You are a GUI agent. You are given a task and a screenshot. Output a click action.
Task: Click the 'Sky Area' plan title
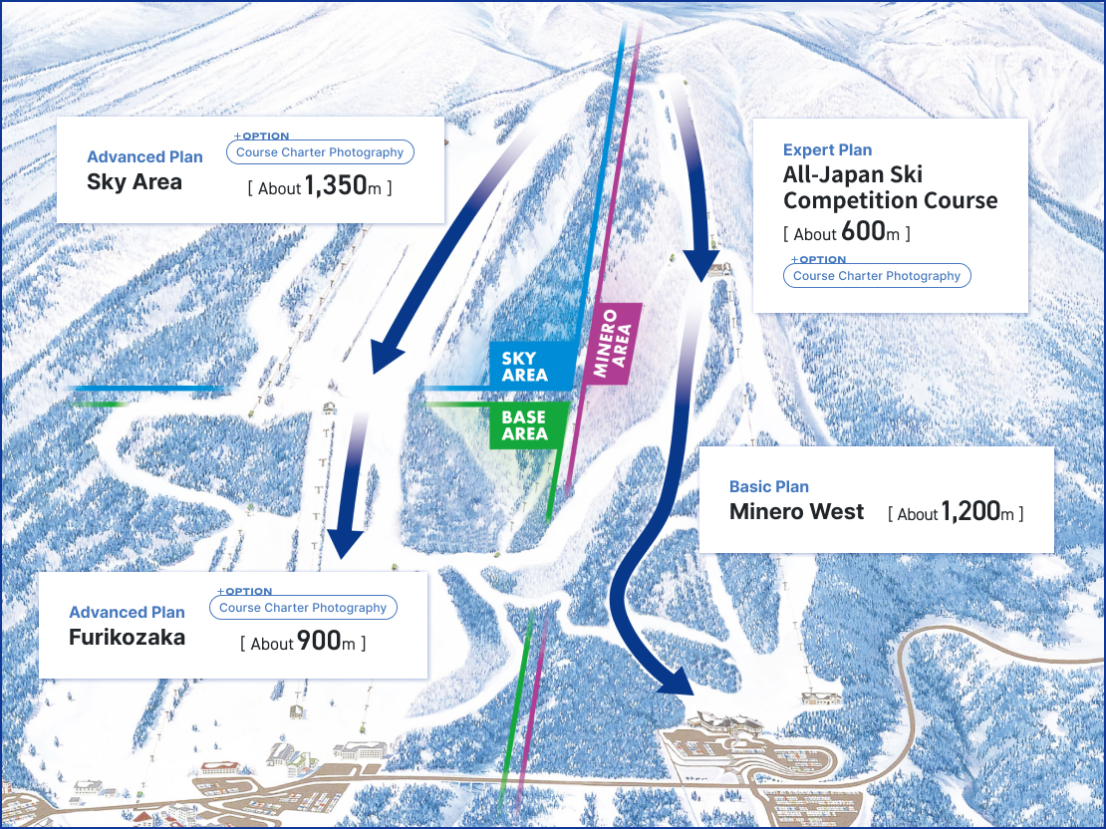pyautogui.click(x=135, y=182)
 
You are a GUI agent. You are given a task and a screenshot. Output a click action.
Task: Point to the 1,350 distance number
pyautogui.click(x=336, y=185)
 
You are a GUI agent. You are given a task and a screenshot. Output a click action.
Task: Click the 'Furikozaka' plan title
pyautogui.click(x=127, y=638)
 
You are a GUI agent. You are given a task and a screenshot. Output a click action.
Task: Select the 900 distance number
pyautogui.click(x=319, y=642)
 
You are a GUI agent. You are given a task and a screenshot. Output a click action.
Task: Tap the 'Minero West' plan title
pyautogui.click(x=796, y=512)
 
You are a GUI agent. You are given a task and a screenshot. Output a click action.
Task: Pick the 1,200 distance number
pyautogui.click(x=969, y=512)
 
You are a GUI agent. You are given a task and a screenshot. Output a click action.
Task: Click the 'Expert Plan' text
pyautogui.click(x=827, y=150)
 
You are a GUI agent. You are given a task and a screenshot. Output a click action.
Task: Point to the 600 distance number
pyautogui.click(x=863, y=232)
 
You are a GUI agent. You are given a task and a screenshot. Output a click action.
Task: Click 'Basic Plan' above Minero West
pyautogui.click(x=768, y=486)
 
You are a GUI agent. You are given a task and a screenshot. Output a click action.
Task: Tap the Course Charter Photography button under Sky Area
pyautogui.click(x=320, y=152)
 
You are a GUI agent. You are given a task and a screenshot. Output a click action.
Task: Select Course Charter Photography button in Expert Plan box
pyautogui.click(x=877, y=276)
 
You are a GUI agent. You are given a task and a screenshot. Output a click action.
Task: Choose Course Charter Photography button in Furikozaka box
pyautogui.click(x=303, y=608)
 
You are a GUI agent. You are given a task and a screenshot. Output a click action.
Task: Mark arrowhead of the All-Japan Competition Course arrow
pyautogui.click(x=702, y=264)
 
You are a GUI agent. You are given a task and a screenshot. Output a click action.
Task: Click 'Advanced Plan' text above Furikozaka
pyautogui.click(x=127, y=613)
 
